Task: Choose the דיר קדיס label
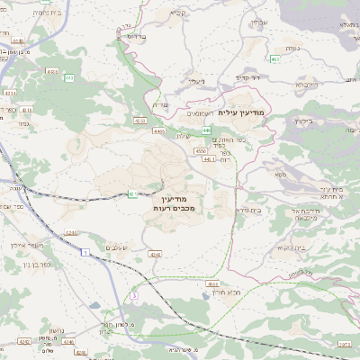coord(247,78)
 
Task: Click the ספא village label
coord(281,173)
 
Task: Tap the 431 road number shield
coord(132,193)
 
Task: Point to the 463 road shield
coord(274,58)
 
